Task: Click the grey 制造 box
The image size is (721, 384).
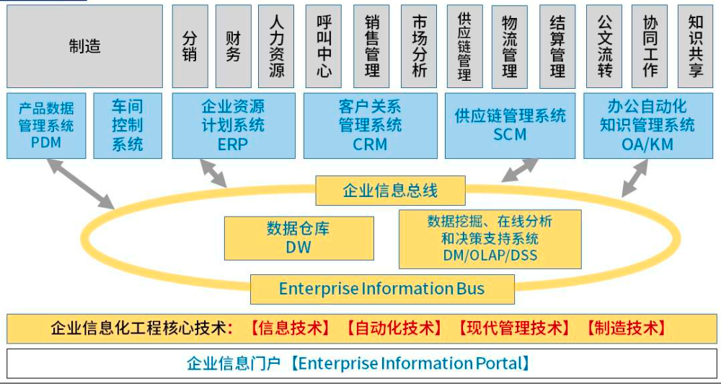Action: point(84,46)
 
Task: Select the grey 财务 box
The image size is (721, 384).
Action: point(233,46)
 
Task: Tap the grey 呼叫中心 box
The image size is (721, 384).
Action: point(324,46)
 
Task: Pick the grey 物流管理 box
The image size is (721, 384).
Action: point(510,46)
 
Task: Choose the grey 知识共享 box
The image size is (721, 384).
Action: point(696,46)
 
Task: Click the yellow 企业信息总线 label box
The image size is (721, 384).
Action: point(390,191)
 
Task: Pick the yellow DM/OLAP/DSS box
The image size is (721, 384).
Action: point(490,238)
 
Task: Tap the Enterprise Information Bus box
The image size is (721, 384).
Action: point(382,289)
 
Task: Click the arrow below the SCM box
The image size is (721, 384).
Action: point(519,170)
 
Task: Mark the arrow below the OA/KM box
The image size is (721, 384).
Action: point(634,178)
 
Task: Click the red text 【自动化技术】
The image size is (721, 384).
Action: point(394,328)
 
